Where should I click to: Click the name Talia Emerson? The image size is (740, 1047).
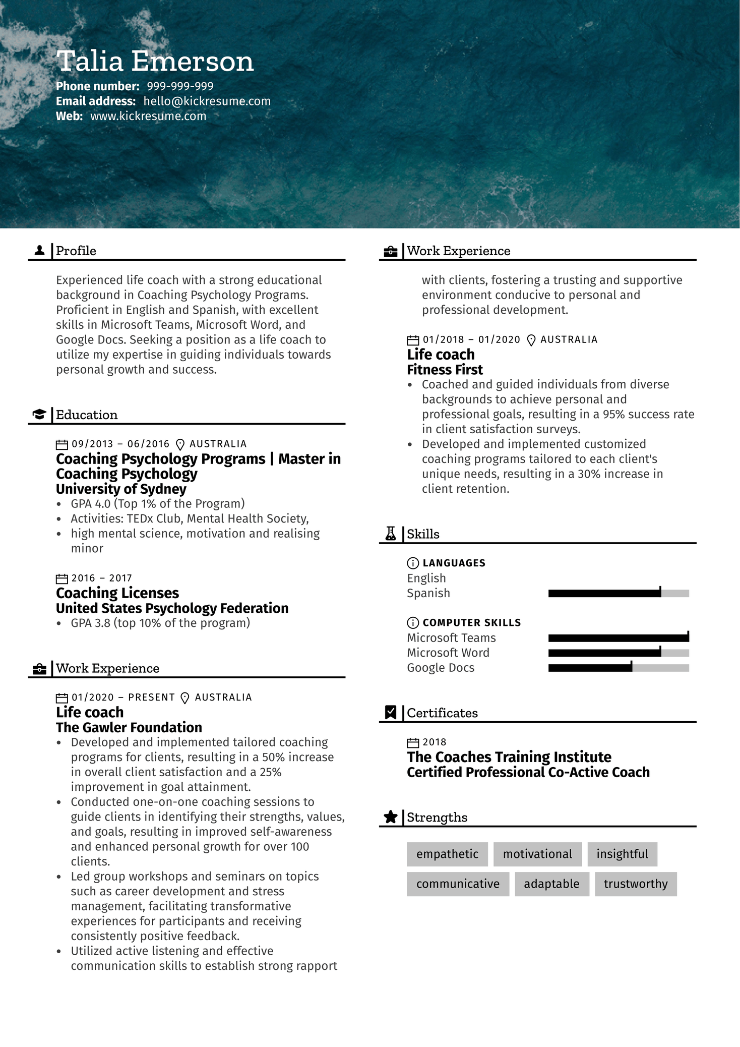click(155, 62)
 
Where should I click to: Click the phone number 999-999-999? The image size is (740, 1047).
click(180, 86)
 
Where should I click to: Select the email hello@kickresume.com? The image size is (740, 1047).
click(207, 101)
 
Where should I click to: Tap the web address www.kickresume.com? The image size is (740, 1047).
click(148, 117)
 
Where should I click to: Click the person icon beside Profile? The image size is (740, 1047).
click(39, 251)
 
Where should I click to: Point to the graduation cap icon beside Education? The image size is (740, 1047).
click(39, 415)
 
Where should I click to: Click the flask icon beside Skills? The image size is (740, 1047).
click(391, 534)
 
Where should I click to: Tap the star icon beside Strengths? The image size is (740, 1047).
click(391, 817)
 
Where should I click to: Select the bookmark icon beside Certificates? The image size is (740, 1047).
click(391, 713)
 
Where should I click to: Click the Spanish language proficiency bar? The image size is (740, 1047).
click(618, 594)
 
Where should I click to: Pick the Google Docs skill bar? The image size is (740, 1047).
click(618, 668)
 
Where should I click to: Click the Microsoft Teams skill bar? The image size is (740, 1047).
click(618, 638)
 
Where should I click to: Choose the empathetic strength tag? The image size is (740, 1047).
click(447, 854)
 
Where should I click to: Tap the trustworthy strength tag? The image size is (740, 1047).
click(635, 884)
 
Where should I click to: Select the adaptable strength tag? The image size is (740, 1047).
click(551, 884)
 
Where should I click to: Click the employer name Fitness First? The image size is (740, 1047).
click(445, 370)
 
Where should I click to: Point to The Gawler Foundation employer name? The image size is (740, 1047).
click(129, 727)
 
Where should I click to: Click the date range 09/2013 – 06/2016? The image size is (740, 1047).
click(120, 444)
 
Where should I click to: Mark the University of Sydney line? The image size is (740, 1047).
click(121, 489)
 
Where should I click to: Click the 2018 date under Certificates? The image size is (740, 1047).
click(434, 742)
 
